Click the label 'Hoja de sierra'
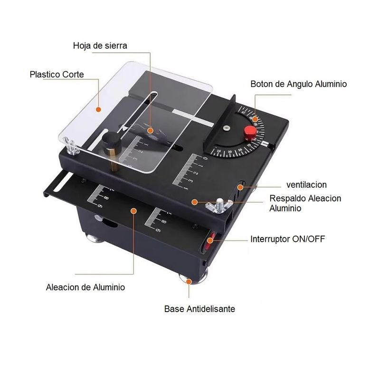[100, 46]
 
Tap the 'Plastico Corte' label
[57, 75]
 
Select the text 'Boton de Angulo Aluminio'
[299, 84]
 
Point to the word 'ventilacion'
[306, 185]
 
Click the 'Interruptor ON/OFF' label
[288, 239]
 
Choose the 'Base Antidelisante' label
[199, 309]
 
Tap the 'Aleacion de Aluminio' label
[85, 287]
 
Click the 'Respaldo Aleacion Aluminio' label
[305, 203]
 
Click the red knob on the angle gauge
[250, 133]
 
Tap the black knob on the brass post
[112, 141]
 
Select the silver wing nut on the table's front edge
[219, 206]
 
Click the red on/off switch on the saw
[209, 241]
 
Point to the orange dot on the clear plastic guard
[98, 110]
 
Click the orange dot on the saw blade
[151, 131]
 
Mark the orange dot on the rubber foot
[189, 281]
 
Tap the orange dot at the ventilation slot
[240, 187]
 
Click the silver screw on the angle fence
[227, 128]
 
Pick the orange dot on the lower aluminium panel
[133, 211]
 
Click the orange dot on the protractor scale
[255, 119]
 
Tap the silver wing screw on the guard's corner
[70, 146]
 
